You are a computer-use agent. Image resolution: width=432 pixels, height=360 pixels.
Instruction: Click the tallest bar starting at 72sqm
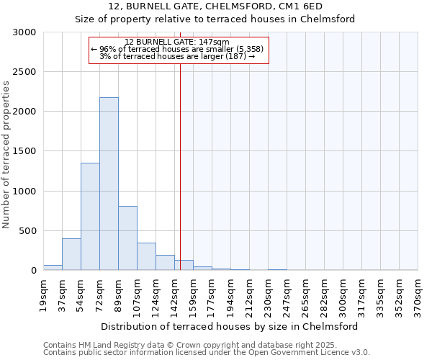point(109,184)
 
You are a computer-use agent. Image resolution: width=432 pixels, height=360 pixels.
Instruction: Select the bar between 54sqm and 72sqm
point(90,216)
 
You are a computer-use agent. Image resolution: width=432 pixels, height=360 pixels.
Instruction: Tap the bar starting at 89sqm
point(127,238)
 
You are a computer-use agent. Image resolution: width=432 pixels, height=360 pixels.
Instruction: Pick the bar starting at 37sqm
point(71,254)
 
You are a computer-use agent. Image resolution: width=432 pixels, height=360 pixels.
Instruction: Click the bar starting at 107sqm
point(146,256)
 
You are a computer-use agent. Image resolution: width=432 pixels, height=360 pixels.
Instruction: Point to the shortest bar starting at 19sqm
point(53,267)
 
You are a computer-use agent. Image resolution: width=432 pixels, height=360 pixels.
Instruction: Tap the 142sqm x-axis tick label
point(174,294)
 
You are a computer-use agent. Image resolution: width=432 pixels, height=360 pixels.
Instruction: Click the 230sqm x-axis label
point(268,294)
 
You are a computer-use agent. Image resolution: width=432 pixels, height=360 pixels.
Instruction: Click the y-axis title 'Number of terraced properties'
point(6,155)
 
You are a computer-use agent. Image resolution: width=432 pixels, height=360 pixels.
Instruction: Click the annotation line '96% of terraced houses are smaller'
point(177,49)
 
